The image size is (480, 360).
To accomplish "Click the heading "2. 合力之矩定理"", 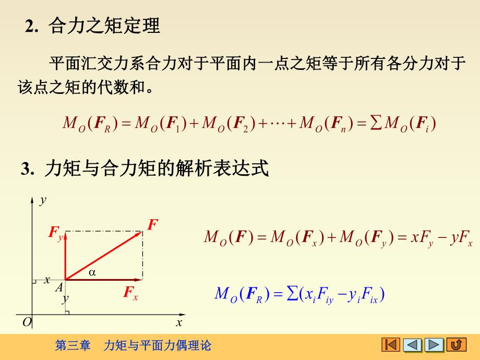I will (x=93, y=26).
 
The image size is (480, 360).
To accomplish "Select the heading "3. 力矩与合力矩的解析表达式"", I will (x=145, y=169).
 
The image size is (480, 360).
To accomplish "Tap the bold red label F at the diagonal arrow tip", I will (x=152, y=225).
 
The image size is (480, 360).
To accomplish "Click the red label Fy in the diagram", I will (x=56, y=233).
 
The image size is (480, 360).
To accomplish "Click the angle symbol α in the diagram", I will (x=92, y=272).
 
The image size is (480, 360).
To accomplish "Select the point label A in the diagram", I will (x=59, y=286).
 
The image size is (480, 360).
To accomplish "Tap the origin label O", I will (x=27, y=323).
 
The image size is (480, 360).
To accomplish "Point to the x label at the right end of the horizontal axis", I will (x=179, y=323).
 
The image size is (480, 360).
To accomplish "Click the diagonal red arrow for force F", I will (x=104, y=255).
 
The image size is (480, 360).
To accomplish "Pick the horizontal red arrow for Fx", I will (x=104, y=280).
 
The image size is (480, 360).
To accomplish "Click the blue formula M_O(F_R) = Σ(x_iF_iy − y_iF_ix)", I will (x=299, y=295).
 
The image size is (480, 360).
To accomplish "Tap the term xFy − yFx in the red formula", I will (x=441, y=238).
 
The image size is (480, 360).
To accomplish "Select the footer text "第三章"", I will (x=73, y=345).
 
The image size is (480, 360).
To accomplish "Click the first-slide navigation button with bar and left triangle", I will (x=391, y=345).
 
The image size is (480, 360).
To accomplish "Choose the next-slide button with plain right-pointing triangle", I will (x=434, y=345).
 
